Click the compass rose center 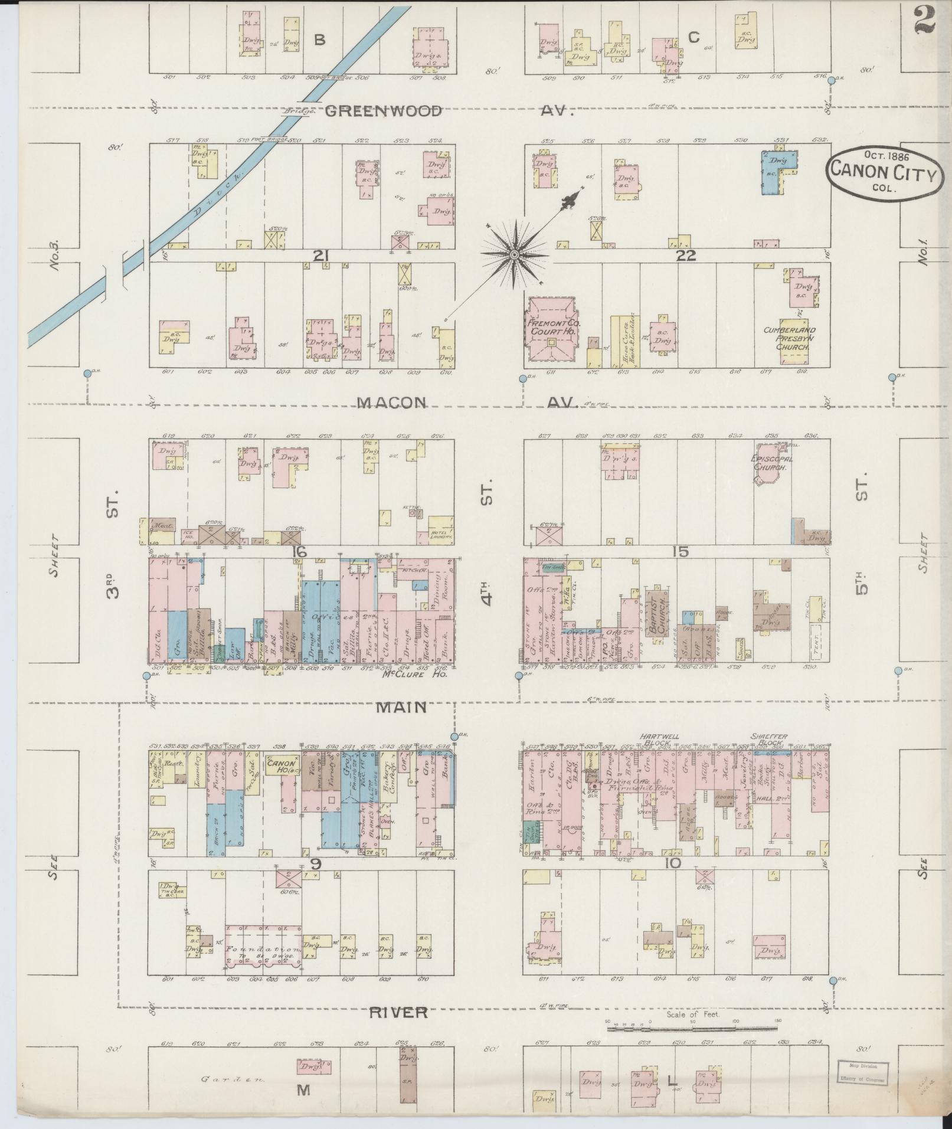coord(514,254)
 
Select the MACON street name coord(392,402)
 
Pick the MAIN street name coord(401,706)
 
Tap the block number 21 coord(320,256)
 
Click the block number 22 coord(688,256)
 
